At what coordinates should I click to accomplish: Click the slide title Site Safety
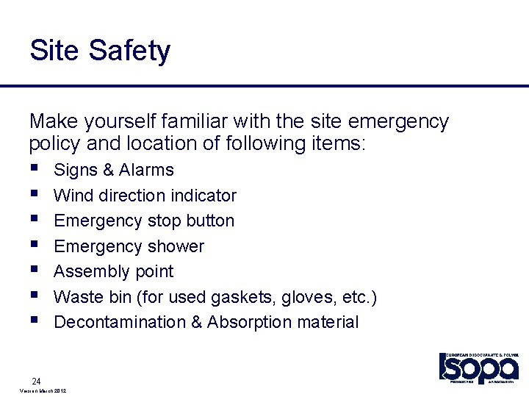(100, 51)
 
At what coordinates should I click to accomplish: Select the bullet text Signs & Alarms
(114, 170)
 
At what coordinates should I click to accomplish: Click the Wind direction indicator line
(145, 196)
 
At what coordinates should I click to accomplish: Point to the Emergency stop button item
(144, 221)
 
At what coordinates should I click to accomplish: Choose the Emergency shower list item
(129, 246)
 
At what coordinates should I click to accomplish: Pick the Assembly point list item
(114, 271)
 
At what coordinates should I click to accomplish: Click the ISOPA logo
(478, 367)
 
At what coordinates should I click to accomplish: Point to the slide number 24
(36, 381)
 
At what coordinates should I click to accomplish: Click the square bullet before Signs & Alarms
(34, 170)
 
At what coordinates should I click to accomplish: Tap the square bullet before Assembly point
(34, 271)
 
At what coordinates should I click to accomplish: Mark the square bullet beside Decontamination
(34, 322)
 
